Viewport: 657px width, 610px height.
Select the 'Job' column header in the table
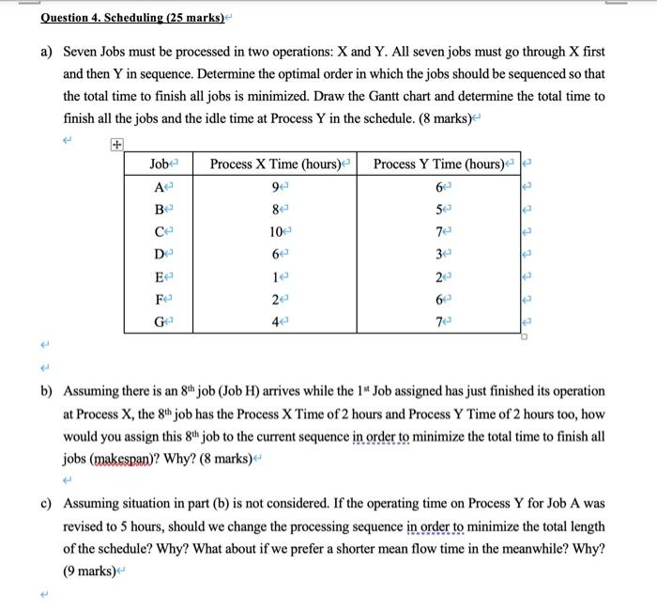(160, 164)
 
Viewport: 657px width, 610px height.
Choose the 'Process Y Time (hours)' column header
(438, 164)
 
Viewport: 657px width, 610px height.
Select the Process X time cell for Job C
(273, 231)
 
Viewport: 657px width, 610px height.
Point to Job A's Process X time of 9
(273, 187)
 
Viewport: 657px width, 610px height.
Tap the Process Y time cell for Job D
(438, 253)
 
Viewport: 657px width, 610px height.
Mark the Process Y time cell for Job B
(438, 209)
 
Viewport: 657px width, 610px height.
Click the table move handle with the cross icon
(116, 145)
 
